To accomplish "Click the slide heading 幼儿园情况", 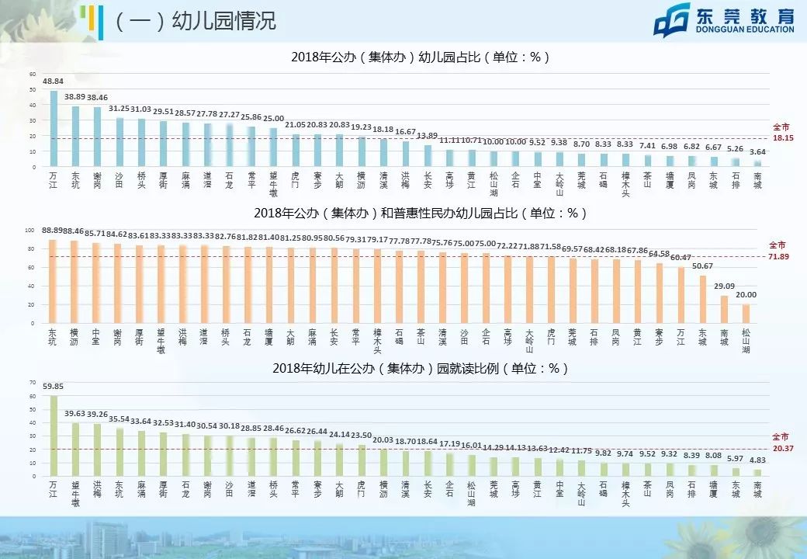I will [x=195, y=20].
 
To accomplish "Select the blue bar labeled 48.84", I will [x=54, y=129].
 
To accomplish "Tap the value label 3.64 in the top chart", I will [x=757, y=151].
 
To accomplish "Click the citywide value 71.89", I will [x=779, y=255].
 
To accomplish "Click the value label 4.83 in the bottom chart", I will [x=757, y=460].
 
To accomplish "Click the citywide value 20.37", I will [x=781, y=449].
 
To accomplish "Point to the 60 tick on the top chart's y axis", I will [x=33, y=75].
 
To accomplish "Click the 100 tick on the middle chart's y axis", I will [x=30, y=231].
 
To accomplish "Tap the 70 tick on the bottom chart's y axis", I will [x=32, y=383].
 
